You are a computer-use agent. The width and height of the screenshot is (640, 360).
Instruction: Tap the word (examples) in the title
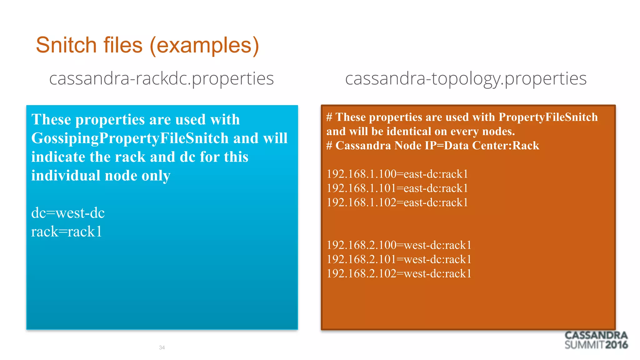205,45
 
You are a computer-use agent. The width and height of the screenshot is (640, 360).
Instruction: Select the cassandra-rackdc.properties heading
161,78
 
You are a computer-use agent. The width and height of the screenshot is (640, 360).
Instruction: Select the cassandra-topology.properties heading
466,78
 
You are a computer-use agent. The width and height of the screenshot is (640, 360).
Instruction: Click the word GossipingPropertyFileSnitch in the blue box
130,138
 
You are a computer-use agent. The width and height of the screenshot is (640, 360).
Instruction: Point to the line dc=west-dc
68,213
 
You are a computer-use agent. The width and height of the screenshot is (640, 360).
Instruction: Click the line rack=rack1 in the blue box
66,232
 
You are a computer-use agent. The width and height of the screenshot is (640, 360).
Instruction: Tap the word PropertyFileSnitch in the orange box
548,117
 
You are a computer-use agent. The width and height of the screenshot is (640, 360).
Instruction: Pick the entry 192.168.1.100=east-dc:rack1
397,174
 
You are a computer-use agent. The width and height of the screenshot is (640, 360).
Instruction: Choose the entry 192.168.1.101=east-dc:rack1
397,188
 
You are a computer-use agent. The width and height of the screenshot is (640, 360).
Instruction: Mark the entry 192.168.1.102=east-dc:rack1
397,202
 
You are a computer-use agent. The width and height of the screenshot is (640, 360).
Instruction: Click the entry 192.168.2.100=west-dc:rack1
399,245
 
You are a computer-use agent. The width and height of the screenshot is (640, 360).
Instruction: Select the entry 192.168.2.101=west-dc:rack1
399,259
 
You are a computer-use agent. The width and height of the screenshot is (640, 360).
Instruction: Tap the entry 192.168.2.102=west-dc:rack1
399,274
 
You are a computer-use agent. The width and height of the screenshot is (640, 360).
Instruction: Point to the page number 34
162,347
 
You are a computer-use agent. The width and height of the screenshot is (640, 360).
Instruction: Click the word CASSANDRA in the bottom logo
596,336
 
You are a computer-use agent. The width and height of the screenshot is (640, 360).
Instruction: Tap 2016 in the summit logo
616,345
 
